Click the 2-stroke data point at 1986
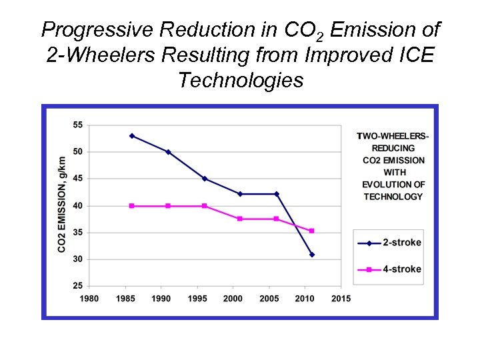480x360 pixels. (x=132, y=136)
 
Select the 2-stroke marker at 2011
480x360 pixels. (x=311, y=255)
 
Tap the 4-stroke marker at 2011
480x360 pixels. (x=311, y=231)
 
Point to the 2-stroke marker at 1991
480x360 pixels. (x=168, y=152)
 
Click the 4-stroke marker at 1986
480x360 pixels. (x=132, y=206)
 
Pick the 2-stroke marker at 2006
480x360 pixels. (x=276, y=194)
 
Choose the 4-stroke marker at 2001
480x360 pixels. (x=240, y=219)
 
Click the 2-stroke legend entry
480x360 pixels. (x=389, y=243)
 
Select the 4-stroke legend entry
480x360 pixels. (x=389, y=269)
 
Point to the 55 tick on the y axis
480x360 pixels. (x=78, y=125)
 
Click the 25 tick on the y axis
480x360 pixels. (x=78, y=286)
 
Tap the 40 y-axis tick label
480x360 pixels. (x=78, y=205)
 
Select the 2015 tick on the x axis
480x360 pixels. (x=341, y=299)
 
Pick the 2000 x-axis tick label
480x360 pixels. (x=233, y=299)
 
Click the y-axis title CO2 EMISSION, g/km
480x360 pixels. (x=62, y=205)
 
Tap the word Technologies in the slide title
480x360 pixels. (x=241, y=81)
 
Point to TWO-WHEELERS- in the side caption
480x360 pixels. (x=393, y=136)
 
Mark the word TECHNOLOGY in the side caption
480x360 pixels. (x=393, y=197)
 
